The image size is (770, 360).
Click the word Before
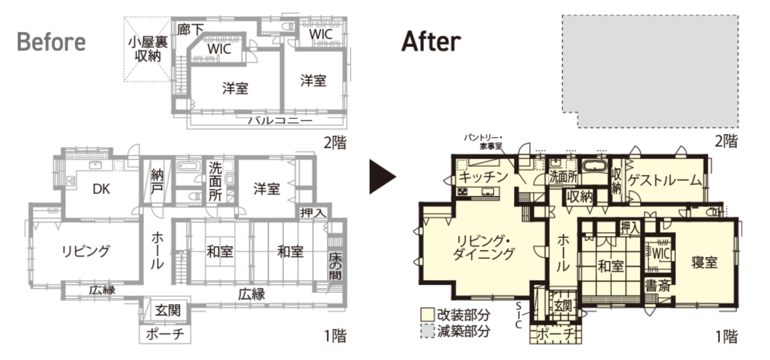coord(51,42)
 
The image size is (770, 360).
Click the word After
coord(431,41)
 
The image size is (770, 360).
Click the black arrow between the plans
coord(382,177)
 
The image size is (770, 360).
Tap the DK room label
coord(101,189)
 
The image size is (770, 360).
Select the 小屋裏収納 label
coord(148,49)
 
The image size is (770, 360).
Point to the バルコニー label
coord(279,120)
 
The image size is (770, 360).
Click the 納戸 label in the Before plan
coord(157,182)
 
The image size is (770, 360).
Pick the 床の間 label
coord(335,266)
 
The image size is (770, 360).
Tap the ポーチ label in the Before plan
coord(165,334)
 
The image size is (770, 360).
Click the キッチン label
coord(483,177)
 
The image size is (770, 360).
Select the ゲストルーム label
coord(664,180)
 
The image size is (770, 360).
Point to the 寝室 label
coord(704,262)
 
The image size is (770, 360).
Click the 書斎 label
coord(658,286)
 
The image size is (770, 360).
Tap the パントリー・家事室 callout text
coord(483,142)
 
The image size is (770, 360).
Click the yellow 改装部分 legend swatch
coord(428,314)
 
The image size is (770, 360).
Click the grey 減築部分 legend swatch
coord(428,331)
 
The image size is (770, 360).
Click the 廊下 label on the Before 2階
coord(190,29)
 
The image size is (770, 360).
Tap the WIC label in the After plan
coord(661,254)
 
